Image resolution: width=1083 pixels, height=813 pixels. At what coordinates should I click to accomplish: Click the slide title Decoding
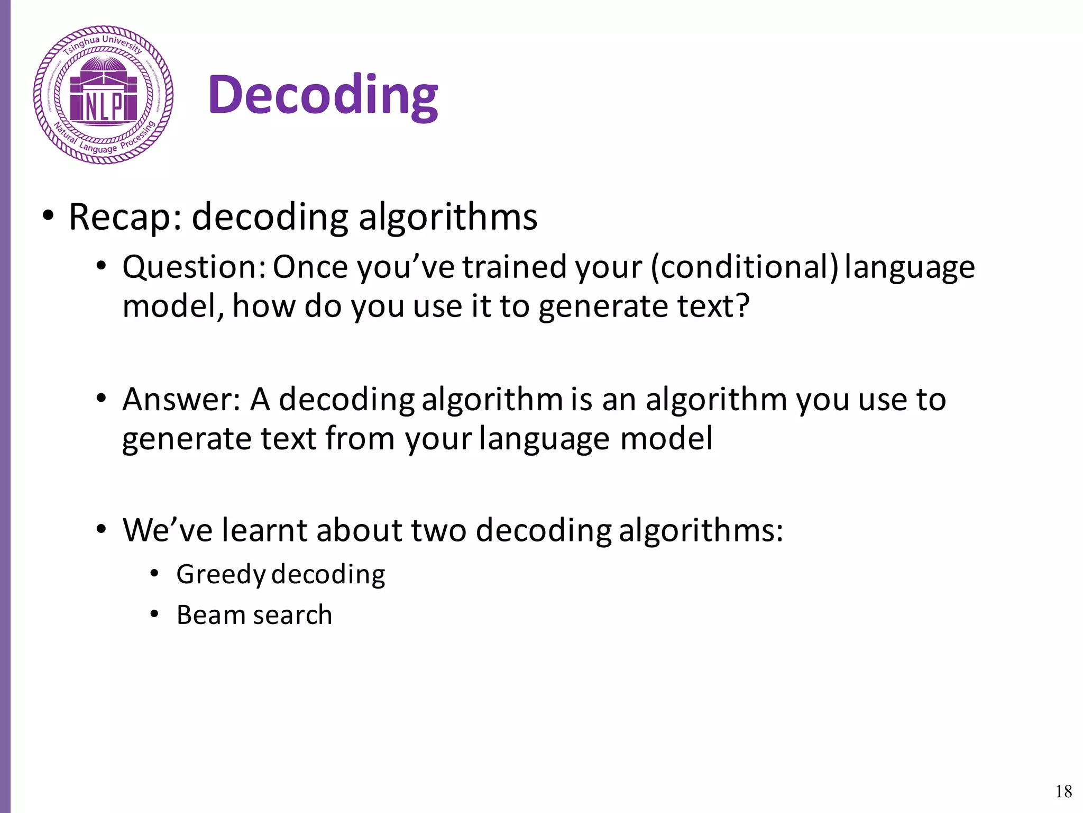click(323, 95)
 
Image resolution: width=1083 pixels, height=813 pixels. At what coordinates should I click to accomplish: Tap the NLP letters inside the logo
click(104, 107)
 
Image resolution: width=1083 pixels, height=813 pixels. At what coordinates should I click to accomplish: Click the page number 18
click(1063, 791)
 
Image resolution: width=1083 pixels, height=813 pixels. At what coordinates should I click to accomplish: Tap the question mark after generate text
click(742, 306)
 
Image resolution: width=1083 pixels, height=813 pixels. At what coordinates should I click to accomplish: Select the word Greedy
click(221, 575)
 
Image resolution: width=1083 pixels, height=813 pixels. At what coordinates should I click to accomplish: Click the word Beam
click(210, 615)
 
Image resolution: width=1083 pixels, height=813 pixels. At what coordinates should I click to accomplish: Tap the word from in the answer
click(360, 439)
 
